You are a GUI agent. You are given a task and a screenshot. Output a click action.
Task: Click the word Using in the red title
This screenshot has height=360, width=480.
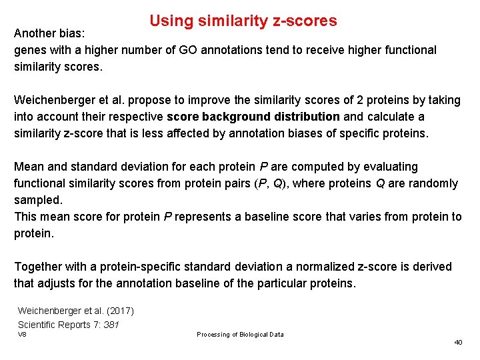pyautogui.click(x=171, y=21)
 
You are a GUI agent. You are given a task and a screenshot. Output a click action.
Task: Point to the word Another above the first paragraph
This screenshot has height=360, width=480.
pyautogui.click(x=37, y=33)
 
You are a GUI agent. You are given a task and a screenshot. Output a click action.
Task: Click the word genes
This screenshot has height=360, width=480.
pyautogui.click(x=29, y=50)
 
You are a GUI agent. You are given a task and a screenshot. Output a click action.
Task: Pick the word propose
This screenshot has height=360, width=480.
pyautogui.click(x=149, y=100)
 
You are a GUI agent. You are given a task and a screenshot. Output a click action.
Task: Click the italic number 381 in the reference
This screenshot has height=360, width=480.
pyautogui.click(x=111, y=325)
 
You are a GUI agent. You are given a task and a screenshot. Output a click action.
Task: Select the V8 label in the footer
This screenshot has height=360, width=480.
pyautogui.click(x=22, y=334)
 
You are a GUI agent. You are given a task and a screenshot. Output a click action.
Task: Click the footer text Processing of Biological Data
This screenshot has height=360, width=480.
pyautogui.click(x=240, y=335)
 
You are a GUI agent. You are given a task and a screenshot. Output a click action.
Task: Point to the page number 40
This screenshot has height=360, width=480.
pyautogui.click(x=458, y=342)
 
